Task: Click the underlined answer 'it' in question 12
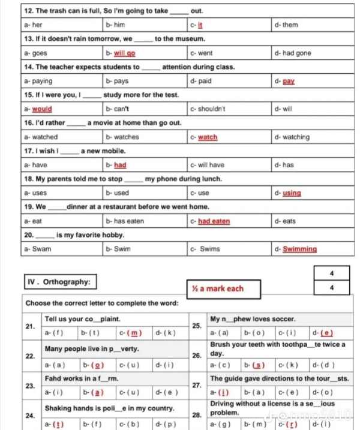click(200, 25)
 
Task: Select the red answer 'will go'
click(124, 53)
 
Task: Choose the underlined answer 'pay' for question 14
click(288, 81)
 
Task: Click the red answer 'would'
click(42, 109)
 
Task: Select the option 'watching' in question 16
click(296, 137)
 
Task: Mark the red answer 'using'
click(292, 193)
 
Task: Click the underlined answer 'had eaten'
click(214, 221)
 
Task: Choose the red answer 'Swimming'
click(299, 249)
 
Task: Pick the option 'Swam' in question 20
click(41, 249)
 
